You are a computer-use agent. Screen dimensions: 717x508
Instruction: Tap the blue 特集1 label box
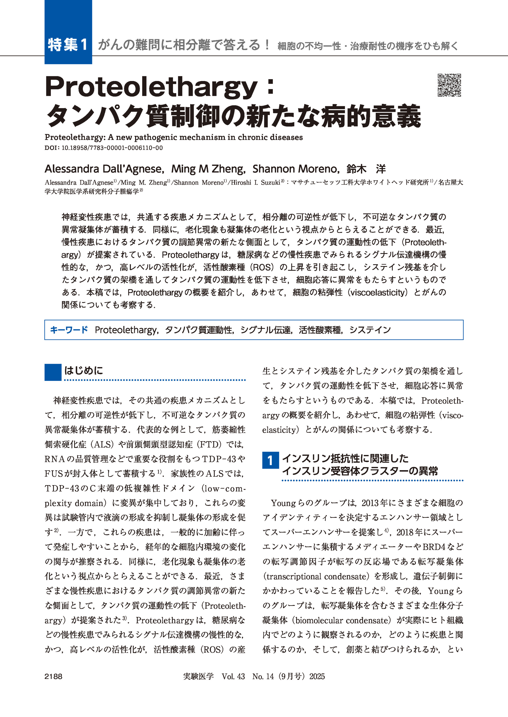pyautogui.click(x=68, y=44)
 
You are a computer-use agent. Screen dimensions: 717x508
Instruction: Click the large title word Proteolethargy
pyautogui.click(x=151, y=87)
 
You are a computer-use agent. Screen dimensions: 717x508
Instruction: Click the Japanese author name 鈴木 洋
pyautogui.click(x=366, y=169)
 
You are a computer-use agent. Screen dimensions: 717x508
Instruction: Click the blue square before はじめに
pyautogui.click(x=53, y=372)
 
